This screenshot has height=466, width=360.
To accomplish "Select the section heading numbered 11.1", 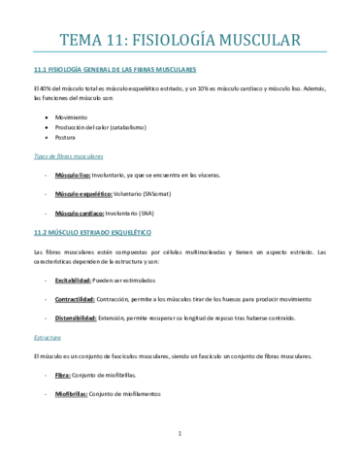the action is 115,70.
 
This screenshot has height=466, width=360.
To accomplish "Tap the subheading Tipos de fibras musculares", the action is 69,155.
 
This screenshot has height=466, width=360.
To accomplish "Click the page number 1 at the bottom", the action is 180,433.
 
